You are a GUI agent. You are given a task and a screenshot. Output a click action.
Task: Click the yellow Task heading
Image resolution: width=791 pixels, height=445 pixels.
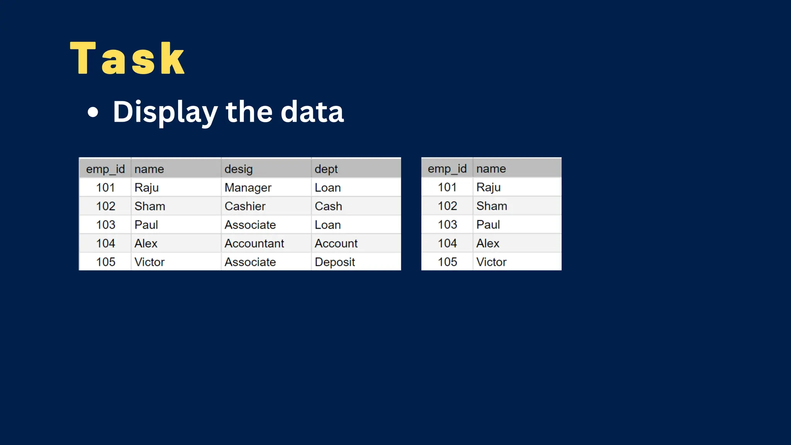127,59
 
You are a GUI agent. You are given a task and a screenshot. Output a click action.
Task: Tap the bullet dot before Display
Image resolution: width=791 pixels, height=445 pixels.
93,112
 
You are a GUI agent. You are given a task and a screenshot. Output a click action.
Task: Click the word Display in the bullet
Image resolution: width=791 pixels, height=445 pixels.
165,112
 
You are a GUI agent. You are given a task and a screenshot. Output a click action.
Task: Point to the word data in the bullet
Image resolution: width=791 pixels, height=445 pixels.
312,112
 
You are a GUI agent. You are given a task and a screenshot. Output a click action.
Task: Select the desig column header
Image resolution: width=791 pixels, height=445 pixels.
239,169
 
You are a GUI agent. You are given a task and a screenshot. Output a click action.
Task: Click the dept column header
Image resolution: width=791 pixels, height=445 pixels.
326,169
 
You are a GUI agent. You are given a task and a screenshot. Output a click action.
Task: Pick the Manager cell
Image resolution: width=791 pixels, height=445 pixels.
248,188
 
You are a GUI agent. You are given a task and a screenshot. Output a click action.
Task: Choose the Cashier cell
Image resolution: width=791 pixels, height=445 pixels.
245,206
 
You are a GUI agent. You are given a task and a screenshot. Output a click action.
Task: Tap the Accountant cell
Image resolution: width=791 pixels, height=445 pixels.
254,243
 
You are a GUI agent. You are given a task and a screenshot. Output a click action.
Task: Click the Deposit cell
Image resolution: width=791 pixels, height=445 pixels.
334,262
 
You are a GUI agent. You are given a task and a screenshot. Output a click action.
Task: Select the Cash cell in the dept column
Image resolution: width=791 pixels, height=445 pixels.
328,206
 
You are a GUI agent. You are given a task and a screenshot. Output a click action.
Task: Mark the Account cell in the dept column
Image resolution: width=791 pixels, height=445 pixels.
336,243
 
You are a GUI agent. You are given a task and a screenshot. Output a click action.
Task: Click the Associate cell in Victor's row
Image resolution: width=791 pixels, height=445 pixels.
250,262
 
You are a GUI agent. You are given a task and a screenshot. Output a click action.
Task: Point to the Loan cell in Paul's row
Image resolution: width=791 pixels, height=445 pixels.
328,225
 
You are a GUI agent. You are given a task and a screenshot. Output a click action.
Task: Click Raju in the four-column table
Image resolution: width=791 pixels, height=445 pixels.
146,188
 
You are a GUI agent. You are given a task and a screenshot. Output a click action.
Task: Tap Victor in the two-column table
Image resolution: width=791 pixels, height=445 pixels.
491,262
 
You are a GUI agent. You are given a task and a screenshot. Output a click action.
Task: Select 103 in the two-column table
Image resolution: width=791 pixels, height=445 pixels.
447,224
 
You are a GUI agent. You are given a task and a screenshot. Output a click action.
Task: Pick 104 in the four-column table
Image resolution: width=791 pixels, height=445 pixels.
105,243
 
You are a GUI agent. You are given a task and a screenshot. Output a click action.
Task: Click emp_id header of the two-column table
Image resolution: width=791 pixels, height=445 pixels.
447,168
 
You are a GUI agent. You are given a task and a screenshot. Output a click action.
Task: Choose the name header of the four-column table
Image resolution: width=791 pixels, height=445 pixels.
149,169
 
